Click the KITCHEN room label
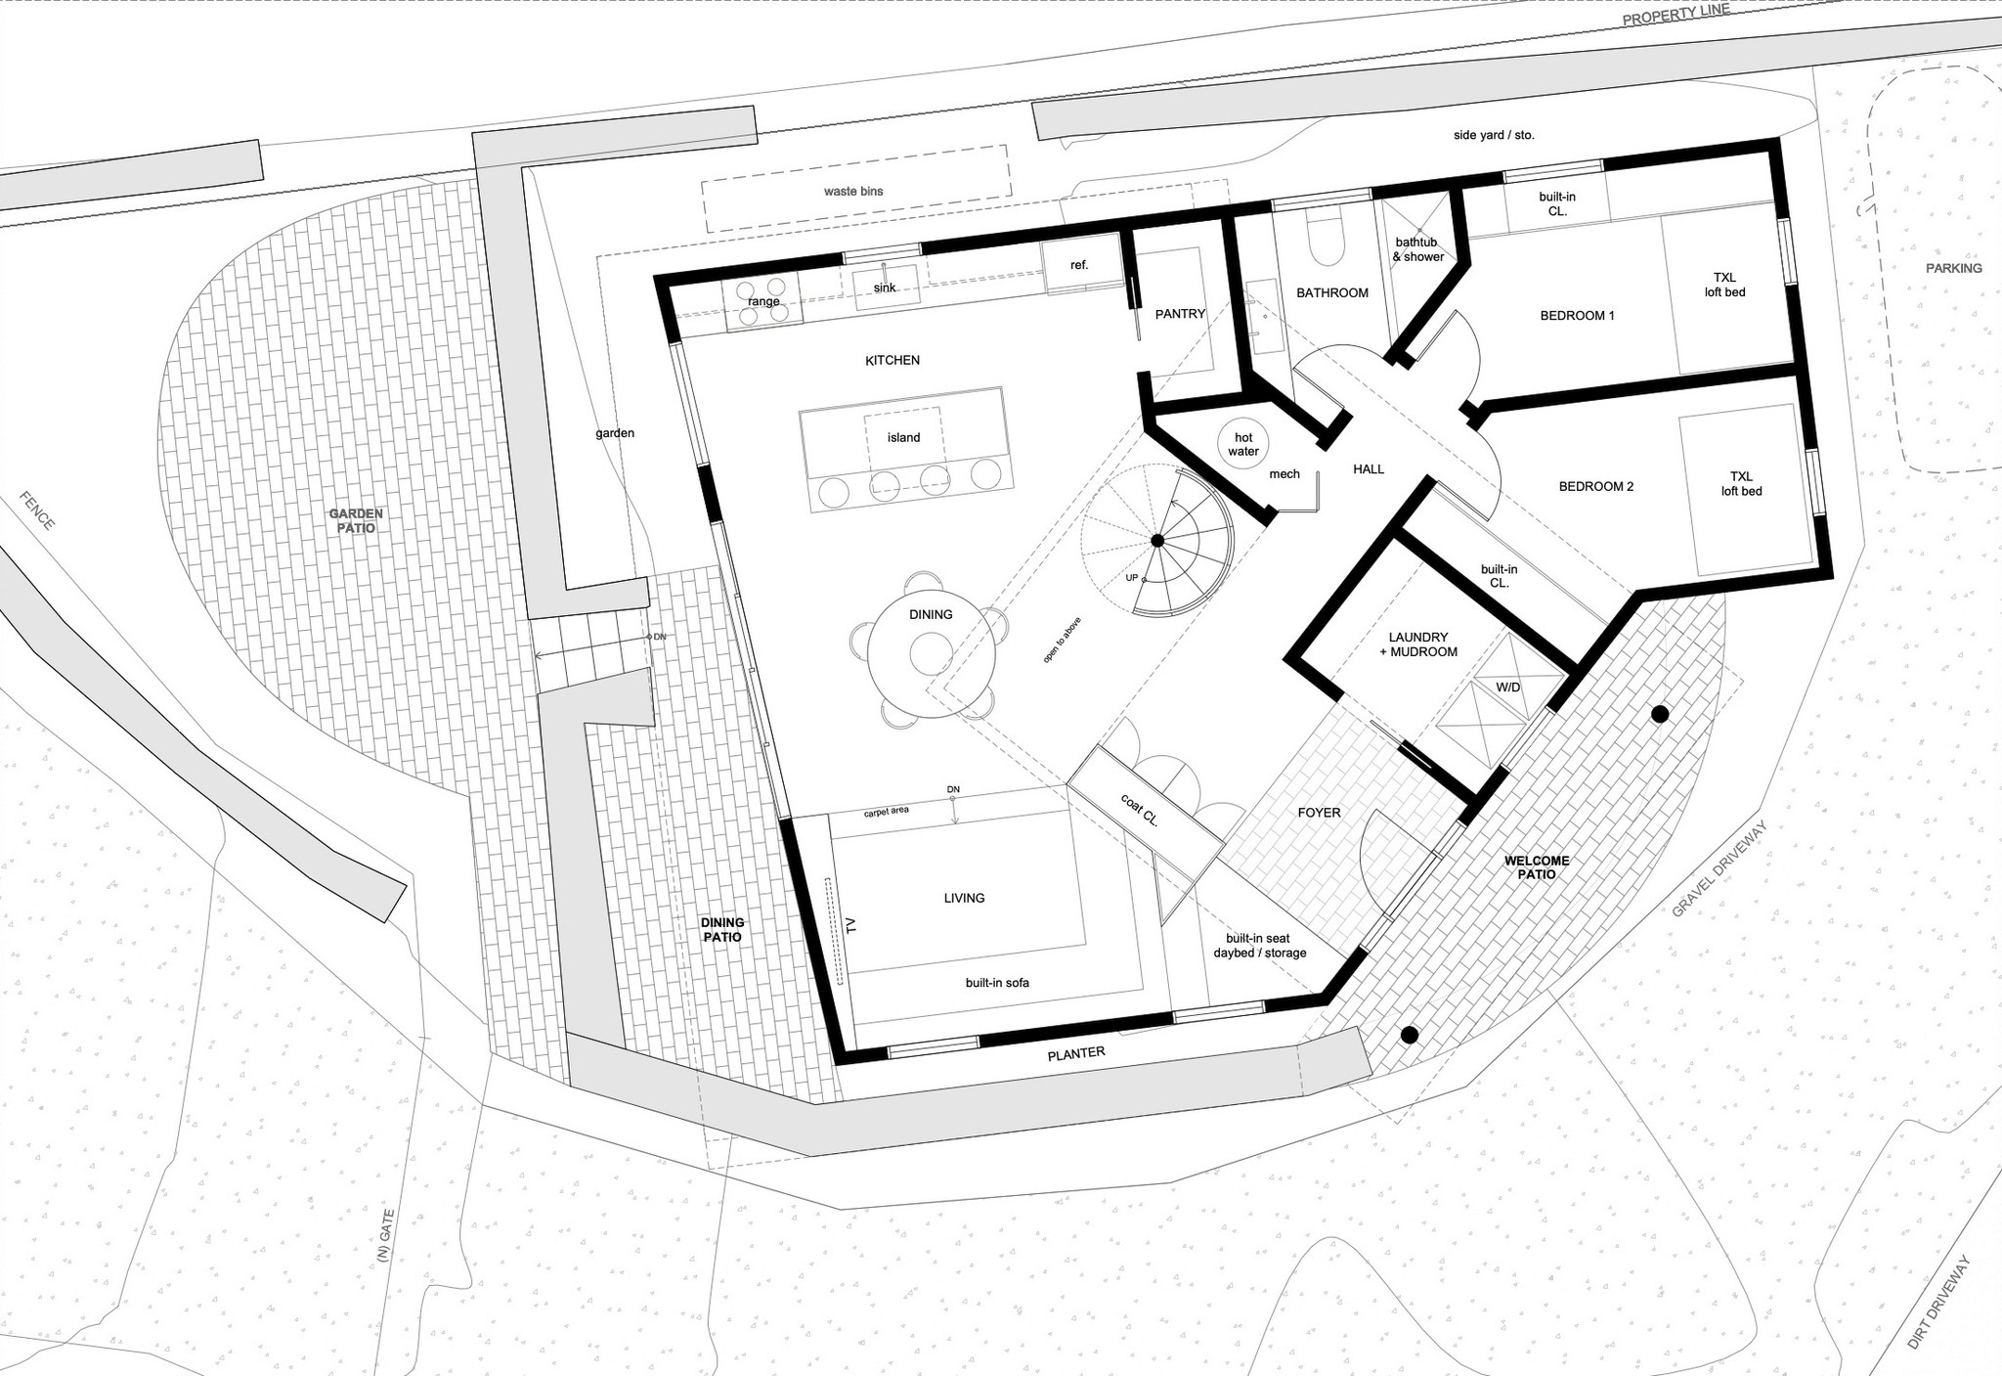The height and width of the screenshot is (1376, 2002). (892, 360)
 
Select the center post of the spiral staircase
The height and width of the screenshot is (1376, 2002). (1156, 541)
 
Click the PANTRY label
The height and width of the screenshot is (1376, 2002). (1180, 314)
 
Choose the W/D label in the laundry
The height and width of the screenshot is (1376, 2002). (1507, 688)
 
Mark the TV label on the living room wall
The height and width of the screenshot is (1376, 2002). (849, 924)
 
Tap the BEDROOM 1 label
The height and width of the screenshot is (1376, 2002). (1577, 315)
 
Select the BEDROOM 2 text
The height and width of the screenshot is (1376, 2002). (1595, 486)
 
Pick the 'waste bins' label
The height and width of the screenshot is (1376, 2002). (852, 191)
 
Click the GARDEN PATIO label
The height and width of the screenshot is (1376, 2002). (356, 520)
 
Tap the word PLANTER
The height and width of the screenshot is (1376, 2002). (1075, 1053)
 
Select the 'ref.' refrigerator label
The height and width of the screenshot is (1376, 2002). (1078, 265)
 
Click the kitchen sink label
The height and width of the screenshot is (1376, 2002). (884, 288)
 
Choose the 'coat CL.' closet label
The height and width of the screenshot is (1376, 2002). (1139, 811)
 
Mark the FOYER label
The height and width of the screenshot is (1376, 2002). (1319, 812)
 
